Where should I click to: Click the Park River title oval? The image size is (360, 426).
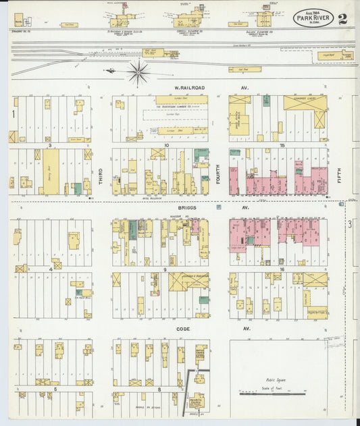point(313,19)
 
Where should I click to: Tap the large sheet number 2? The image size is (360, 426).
point(344,18)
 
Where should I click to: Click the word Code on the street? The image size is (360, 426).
point(184,329)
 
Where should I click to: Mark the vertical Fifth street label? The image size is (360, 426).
point(340,177)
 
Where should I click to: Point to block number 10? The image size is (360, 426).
point(165,144)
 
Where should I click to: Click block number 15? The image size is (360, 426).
point(283,144)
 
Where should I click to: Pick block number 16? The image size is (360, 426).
point(283,269)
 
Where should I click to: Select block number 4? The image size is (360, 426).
point(50,269)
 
